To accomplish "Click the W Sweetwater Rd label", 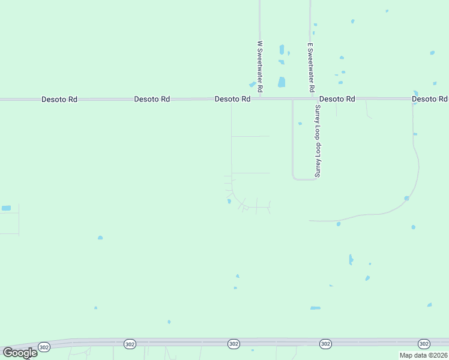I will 260,67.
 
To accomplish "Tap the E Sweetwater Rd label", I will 311,67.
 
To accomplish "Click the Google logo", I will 20,352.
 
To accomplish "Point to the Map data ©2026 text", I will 423,355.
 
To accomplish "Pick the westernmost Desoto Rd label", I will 59,99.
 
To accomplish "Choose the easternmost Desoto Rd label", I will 430,98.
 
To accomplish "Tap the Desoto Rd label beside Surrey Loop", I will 337,98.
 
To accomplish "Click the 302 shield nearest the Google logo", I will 44,347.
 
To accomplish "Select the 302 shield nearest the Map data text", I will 424,344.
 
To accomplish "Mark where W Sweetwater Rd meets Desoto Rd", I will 260,98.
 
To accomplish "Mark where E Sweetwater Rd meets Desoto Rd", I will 310,98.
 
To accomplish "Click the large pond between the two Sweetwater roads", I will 281,82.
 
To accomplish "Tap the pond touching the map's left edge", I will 6,208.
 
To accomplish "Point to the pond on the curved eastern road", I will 406,198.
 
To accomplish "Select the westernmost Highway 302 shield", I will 44,347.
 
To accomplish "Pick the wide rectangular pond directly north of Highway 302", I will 315,308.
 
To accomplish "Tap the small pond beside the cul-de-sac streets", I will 229,202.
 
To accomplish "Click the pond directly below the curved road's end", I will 339,224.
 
